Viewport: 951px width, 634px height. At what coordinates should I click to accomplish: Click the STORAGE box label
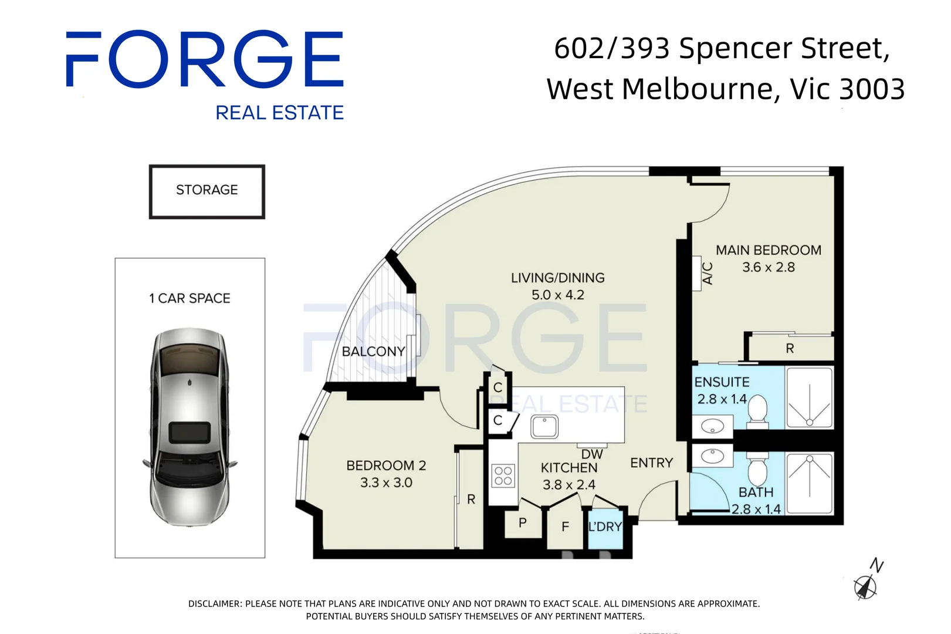(207, 190)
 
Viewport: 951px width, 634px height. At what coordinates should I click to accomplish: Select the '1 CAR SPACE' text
(189, 298)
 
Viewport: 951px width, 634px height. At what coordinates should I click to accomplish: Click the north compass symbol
(866, 585)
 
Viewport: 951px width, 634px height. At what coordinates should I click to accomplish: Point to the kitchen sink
(544, 427)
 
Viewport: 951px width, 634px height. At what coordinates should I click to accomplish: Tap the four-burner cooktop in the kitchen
(503, 475)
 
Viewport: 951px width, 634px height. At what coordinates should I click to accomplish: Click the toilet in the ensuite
(757, 409)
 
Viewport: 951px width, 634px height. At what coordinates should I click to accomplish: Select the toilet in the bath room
(757, 469)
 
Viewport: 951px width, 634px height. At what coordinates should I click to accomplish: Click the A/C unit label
(708, 273)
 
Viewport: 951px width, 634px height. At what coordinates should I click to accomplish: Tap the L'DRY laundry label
(605, 527)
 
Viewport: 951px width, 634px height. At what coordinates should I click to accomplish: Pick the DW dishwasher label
(592, 454)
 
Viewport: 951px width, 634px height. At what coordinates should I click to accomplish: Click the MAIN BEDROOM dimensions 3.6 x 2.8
(768, 267)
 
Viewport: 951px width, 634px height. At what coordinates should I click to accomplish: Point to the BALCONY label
(373, 351)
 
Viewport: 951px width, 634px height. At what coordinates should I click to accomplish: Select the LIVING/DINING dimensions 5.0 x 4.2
(557, 295)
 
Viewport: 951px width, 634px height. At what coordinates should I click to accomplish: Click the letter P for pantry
(522, 522)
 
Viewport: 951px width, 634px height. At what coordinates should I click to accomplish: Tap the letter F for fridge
(565, 527)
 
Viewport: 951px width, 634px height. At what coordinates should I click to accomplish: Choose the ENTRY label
(651, 463)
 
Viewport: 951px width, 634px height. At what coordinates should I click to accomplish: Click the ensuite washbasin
(712, 426)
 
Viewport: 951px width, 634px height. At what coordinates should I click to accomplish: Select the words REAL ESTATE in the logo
(279, 112)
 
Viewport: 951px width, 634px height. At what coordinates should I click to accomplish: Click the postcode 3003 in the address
(872, 89)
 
